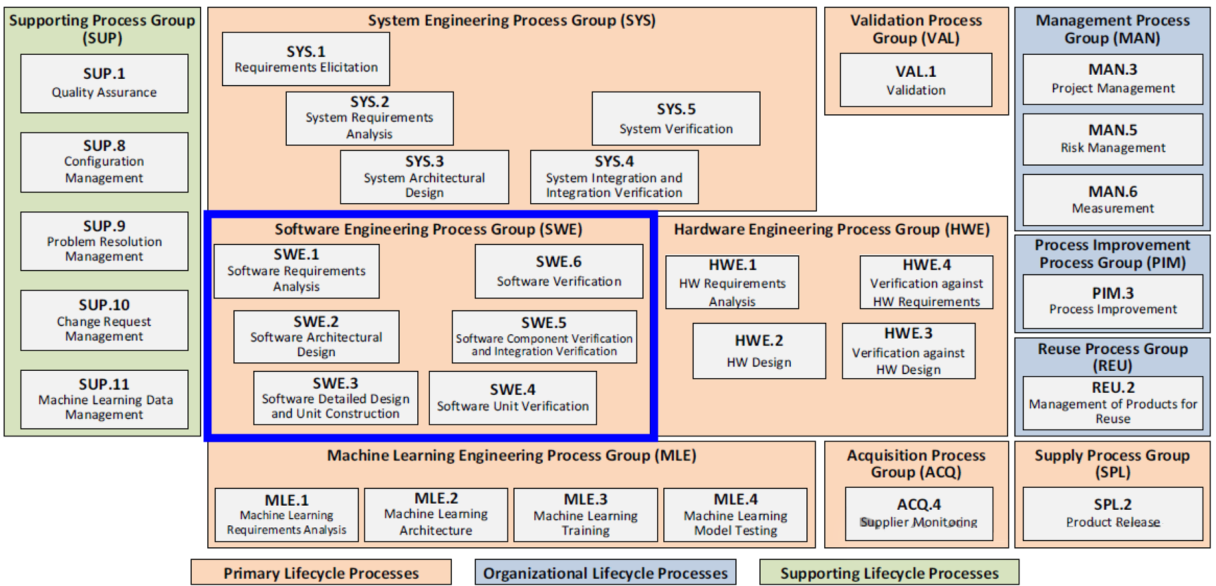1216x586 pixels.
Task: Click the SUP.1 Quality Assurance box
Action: pyautogui.click(x=104, y=84)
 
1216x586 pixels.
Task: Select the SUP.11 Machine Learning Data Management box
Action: pyautogui.click(x=104, y=399)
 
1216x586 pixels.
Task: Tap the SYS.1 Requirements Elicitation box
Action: pyautogui.click(x=306, y=59)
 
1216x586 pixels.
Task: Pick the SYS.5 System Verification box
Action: pyautogui.click(x=676, y=118)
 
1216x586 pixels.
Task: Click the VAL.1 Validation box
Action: pyautogui.click(x=916, y=80)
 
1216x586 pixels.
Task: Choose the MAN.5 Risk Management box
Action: pyautogui.click(x=1112, y=139)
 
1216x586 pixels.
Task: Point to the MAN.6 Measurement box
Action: pyautogui.click(x=1112, y=200)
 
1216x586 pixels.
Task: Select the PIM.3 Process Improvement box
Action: pyautogui.click(x=1112, y=301)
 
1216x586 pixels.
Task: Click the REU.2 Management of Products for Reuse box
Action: pyautogui.click(x=1112, y=402)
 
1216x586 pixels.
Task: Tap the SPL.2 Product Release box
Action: pyautogui.click(x=1112, y=512)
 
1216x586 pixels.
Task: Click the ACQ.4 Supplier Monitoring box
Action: pyautogui.click(x=919, y=512)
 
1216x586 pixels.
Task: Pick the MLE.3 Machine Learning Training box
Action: pyautogui.click(x=586, y=514)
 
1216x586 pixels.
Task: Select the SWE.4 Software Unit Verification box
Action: pyautogui.click(x=513, y=398)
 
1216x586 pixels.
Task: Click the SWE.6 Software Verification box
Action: pyautogui.click(x=559, y=271)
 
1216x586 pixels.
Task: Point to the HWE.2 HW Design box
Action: pyautogui.click(x=759, y=351)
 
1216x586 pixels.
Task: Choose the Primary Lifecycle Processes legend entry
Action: pyautogui.click(x=321, y=573)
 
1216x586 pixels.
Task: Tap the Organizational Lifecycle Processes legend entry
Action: pyautogui.click(x=605, y=573)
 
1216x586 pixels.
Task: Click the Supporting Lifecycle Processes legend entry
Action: pyautogui.click(x=889, y=573)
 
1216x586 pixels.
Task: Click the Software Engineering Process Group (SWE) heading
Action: pyautogui.click(x=429, y=229)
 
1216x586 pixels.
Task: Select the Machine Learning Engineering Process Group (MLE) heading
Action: pyautogui.click(x=511, y=455)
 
